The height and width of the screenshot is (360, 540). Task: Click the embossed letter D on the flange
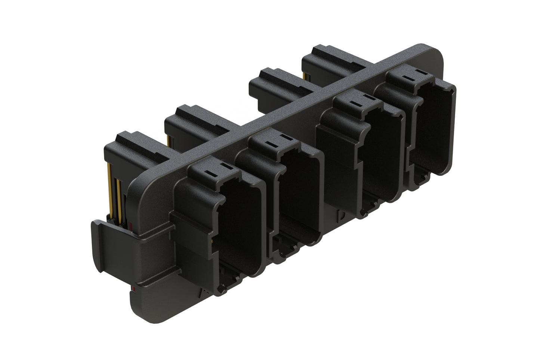[x=341, y=215]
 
